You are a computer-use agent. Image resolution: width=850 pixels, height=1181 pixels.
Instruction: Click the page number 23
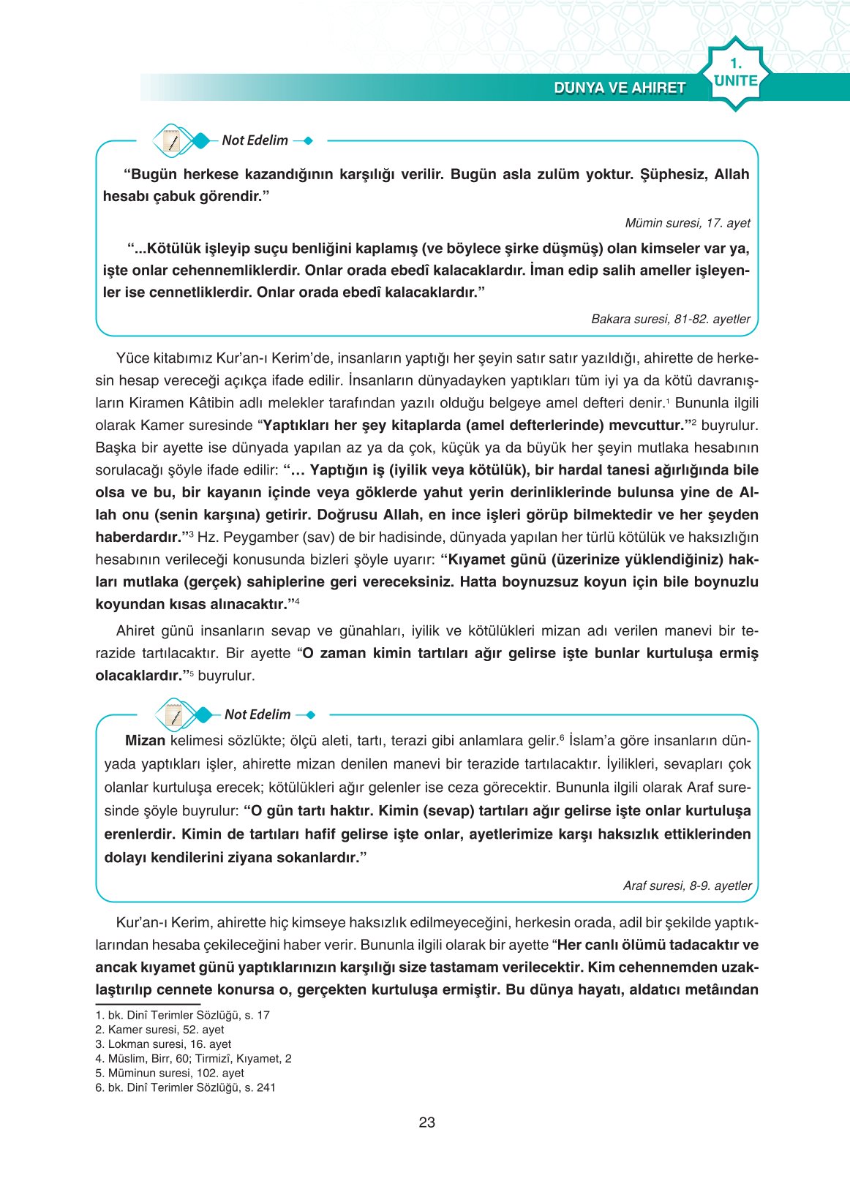[426, 1122]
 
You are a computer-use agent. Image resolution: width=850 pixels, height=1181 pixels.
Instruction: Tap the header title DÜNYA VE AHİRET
[620, 88]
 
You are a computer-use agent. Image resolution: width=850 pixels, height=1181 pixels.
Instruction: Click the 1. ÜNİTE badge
[735, 74]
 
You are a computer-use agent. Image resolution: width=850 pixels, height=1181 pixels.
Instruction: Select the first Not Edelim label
[255, 140]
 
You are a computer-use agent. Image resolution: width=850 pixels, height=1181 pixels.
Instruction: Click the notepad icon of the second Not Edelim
[174, 714]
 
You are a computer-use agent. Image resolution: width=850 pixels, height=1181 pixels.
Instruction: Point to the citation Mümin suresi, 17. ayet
[687, 223]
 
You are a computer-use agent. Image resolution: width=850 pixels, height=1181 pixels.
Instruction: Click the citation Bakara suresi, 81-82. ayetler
[670, 319]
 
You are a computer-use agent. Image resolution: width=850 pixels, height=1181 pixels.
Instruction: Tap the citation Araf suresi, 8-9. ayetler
[687, 886]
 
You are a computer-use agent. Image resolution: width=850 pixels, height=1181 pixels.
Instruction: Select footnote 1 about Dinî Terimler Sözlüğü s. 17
[182, 1015]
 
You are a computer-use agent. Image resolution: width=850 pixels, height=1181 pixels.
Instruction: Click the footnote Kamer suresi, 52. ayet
[159, 1030]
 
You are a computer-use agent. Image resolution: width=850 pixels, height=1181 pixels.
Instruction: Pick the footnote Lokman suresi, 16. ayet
[163, 1044]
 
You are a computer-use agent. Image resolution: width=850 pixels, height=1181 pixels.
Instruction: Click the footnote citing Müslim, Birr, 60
[193, 1058]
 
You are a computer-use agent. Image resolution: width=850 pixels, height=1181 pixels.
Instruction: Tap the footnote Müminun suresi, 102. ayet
[170, 1073]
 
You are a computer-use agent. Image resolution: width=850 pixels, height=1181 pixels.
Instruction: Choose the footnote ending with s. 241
[185, 1087]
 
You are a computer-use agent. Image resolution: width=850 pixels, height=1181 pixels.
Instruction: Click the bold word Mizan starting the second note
[145, 741]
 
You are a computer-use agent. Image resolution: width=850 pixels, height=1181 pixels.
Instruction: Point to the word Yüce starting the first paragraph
[132, 358]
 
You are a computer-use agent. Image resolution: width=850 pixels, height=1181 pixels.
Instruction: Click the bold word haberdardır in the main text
[138, 537]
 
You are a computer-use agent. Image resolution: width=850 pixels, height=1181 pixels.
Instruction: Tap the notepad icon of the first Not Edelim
[172, 140]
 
